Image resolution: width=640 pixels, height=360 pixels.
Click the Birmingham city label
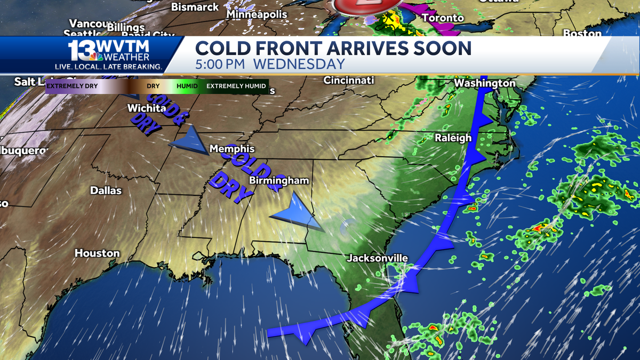(279, 181)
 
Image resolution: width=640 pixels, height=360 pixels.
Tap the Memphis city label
(232, 149)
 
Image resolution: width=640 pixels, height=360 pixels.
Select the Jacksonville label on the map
(378, 258)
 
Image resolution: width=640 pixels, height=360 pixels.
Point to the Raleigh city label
(453, 138)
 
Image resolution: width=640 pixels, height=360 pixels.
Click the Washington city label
(485, 83)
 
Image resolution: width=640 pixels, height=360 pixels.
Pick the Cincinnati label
(349, 80)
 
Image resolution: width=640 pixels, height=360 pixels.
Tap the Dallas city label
(106, 190)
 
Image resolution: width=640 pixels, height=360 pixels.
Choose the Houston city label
(97, 253)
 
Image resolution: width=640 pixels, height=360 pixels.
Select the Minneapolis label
(257, 14)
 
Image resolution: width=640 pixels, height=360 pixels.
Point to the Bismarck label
(195, 7)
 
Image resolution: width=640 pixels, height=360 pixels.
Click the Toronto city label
(443, 18)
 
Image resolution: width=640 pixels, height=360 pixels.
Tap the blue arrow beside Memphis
(189, 142)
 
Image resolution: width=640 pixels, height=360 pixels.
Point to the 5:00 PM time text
(219, 65)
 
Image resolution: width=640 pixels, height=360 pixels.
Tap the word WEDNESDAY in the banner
(299, 65)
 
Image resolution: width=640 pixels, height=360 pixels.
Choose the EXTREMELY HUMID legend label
(237, 85)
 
